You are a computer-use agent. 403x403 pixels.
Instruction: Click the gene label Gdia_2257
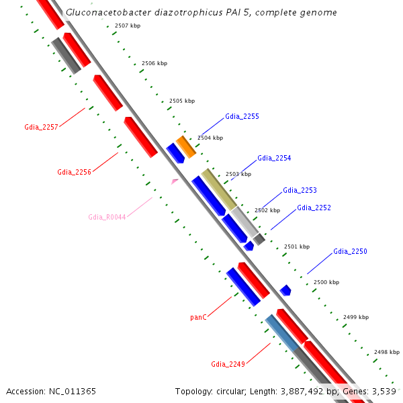[x=41, y=126]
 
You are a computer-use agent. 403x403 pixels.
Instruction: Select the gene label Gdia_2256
[x=74, y=172]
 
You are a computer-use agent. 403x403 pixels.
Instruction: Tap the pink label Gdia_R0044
[x=107, y=217]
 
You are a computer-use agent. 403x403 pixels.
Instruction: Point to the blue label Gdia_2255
[x=242, y=116]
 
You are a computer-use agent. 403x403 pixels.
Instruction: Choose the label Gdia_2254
[x=274, y=158]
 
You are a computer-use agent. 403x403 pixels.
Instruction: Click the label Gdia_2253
[x=300, y=190]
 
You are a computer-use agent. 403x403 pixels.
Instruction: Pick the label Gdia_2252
[x=314, y=208]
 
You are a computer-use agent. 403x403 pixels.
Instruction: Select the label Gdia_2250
[x=350, y=251]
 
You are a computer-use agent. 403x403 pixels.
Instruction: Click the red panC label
[x=198, y=316]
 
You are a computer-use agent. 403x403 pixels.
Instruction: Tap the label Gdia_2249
[x=228, y=364]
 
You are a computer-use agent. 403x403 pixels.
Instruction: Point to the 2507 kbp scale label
[x=128, y=26]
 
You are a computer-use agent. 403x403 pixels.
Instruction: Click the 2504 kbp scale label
[x=210, y=138]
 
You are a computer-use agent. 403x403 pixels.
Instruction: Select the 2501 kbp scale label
[x=297, y=247]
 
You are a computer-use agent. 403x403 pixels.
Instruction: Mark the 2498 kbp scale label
[x=387, y=352]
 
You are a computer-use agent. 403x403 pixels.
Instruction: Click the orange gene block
[x=186, y=146]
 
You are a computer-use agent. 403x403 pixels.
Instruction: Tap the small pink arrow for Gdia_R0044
[x=175, y=181]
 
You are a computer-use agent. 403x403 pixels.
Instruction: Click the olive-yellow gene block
[x=219, y=189]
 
